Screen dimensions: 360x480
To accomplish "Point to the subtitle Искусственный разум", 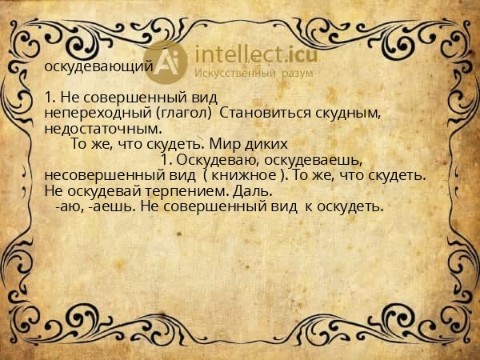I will point(254,74).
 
